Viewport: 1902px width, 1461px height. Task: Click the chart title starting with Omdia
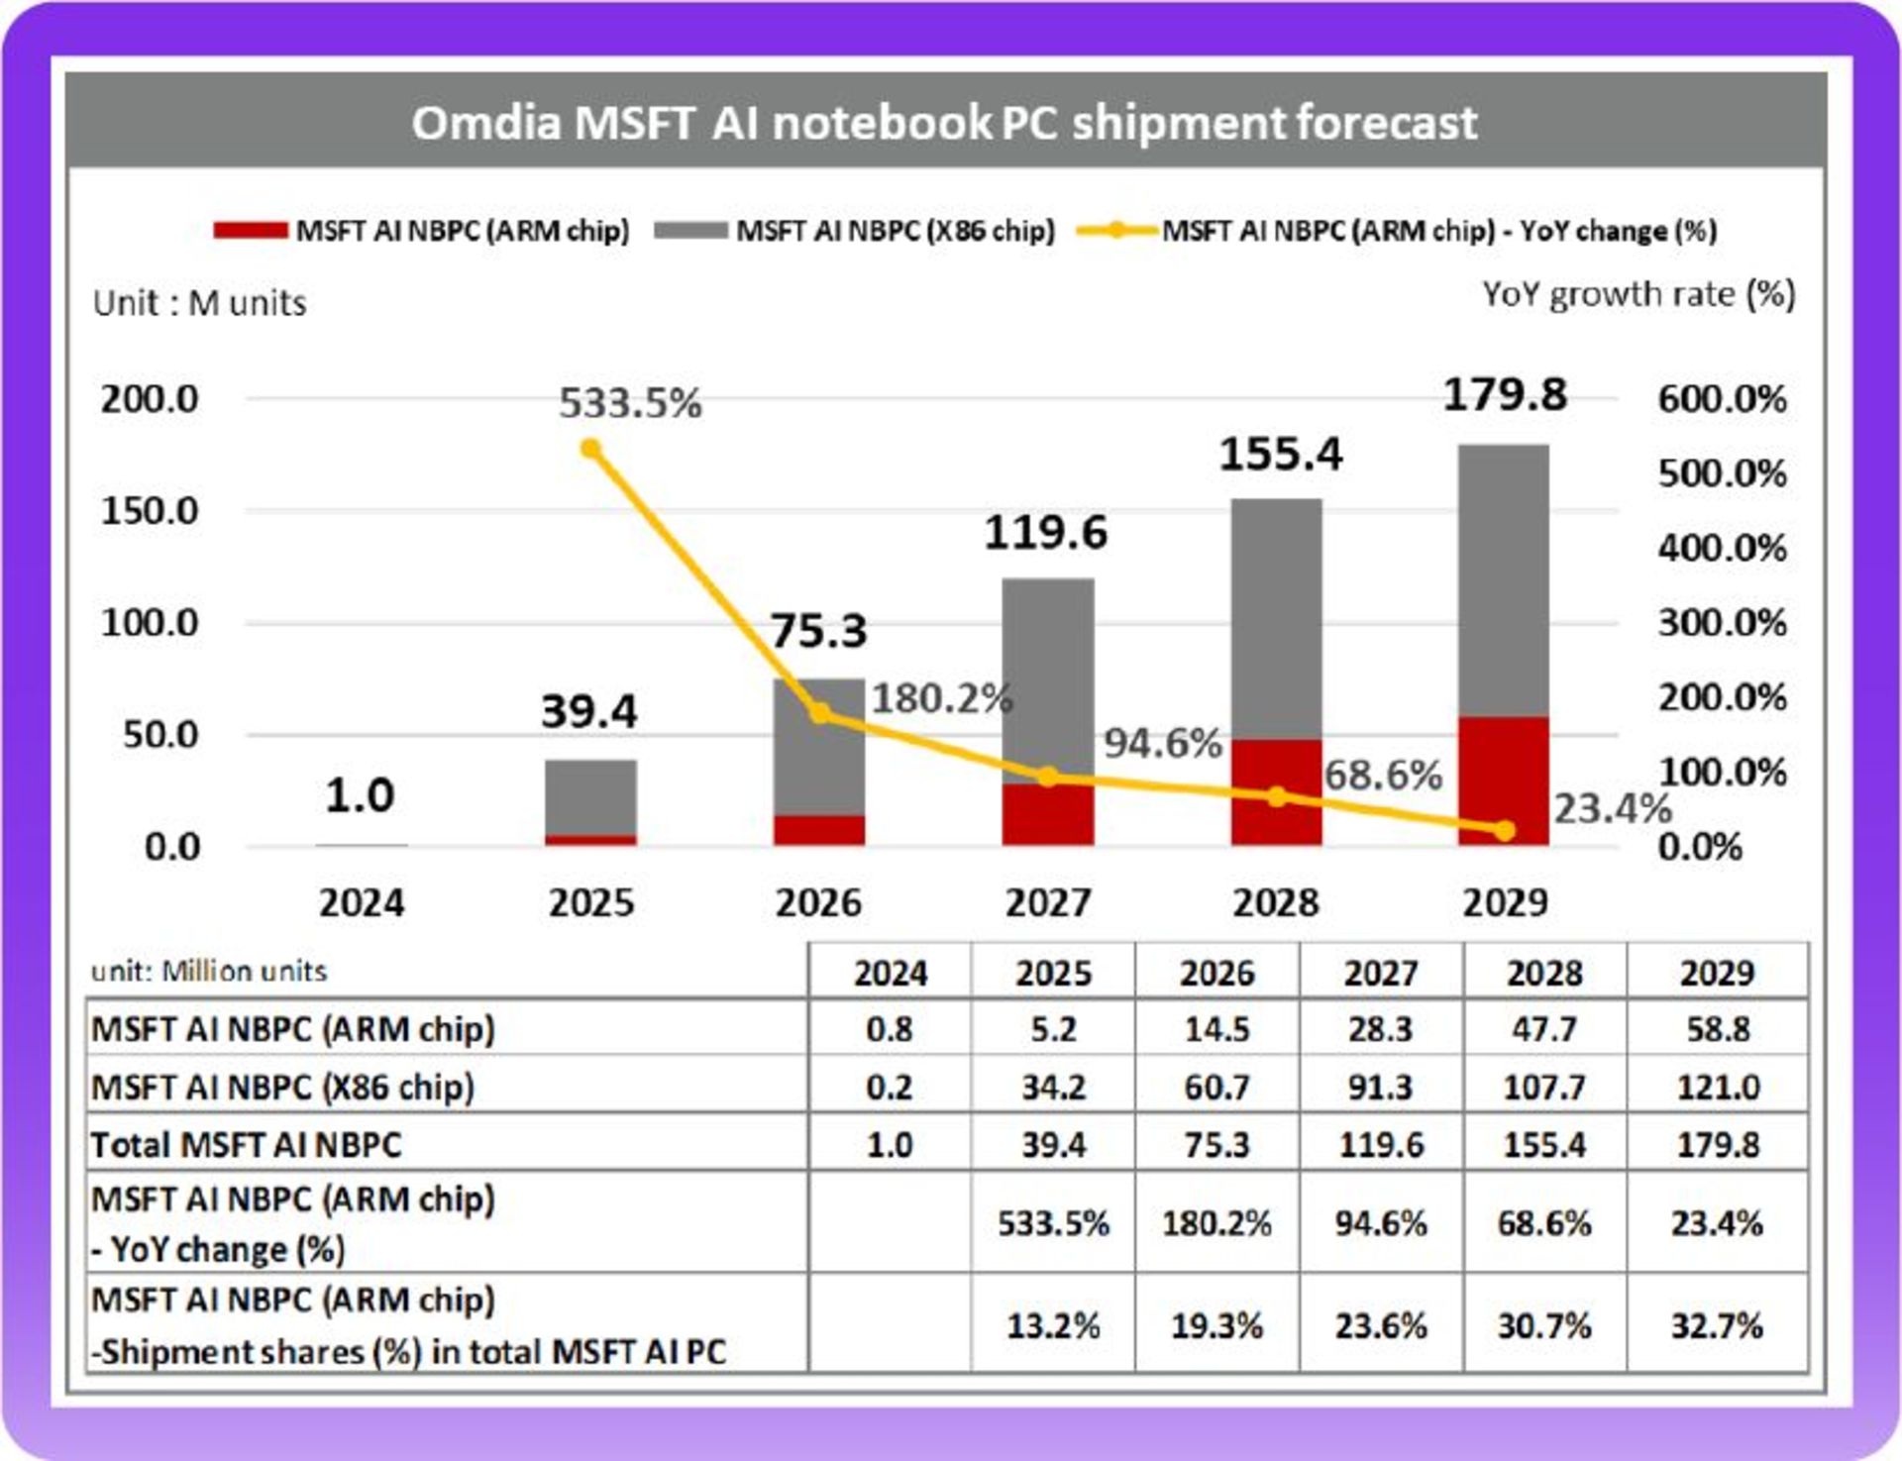coord(944,123)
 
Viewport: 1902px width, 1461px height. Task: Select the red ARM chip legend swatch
coord(251,231)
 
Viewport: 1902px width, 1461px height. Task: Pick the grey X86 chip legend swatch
coord(690,231)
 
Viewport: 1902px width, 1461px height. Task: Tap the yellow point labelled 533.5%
coord(590,450)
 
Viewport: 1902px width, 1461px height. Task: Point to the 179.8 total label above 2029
coord(1505,395)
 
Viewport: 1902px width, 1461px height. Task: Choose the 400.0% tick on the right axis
coord(1722,548)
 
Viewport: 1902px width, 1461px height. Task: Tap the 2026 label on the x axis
coord(818,902)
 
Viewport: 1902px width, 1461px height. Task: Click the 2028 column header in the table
coord(1544,973)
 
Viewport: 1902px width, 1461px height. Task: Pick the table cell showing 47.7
coord(1544,1029)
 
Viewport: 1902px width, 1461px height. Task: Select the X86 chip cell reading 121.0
coord(1718,1087)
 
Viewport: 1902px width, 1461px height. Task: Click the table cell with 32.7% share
coord(1718,1325)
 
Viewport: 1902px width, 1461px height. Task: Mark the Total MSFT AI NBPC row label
coord(246,1145)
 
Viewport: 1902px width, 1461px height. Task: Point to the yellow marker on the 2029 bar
coord(1504,831)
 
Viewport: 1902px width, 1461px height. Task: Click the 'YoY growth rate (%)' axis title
coord(1638,294)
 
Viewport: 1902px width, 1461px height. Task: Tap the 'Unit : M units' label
coord(199,303)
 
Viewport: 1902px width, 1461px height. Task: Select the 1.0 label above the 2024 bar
coord(360,795)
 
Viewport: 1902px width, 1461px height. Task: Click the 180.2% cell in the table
coord(1216,1224)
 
